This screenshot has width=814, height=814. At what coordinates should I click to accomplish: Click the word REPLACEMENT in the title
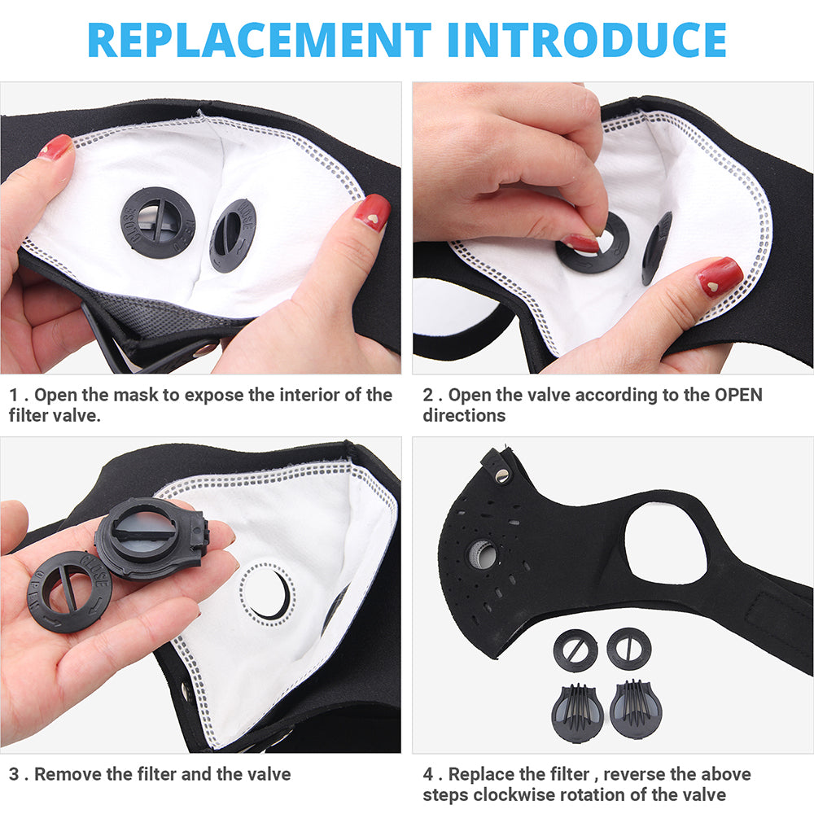click(259, 39)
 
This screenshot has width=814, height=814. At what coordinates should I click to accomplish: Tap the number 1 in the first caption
click(14, 396)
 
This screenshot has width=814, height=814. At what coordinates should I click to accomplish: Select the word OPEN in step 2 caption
click(738, 396)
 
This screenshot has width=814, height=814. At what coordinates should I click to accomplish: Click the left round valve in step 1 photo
click(158, 222)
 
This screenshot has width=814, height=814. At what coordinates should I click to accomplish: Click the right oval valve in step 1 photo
click(232, 234)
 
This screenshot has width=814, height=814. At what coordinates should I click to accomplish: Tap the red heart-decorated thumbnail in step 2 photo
click(719, 277)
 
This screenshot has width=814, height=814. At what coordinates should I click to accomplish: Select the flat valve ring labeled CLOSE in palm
click(69, 591)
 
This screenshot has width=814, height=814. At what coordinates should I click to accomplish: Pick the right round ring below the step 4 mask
click(628, 649)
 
